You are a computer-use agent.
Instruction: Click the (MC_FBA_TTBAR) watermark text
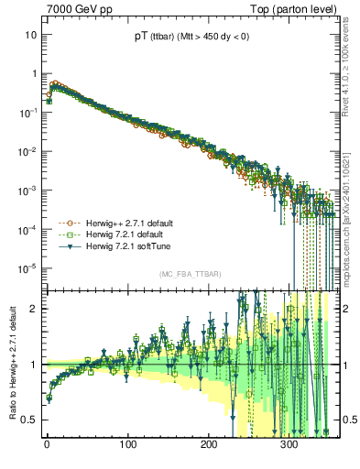tap(190, 274)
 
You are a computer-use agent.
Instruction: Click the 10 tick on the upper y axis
tap(30, 34)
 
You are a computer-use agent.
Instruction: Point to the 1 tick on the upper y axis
tap(33, 73)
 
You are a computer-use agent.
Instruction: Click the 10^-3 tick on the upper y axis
tap(28, 190)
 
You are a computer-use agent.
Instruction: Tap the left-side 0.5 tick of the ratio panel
tap(29, 420)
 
